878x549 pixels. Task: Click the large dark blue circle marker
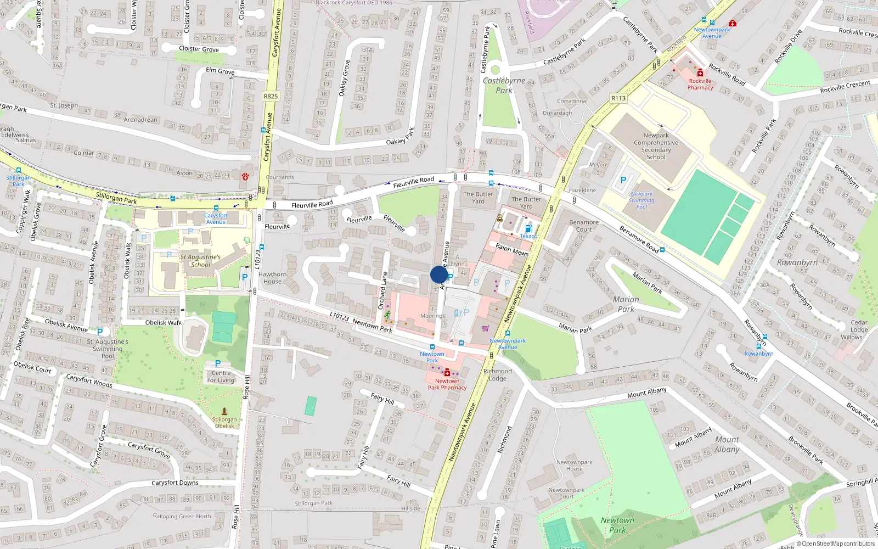(439, 274)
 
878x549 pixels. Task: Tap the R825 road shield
(271, 96)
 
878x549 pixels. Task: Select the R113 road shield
(618, 98)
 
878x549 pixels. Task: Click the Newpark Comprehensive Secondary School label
(656, 146)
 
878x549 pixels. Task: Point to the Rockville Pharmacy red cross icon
(700, 73)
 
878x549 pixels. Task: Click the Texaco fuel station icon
(528, 228)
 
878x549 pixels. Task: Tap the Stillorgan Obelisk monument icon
(224, 411)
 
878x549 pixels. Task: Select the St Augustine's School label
(200, 261)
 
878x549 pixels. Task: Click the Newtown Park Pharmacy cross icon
(447, 373)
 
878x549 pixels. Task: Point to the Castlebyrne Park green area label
(504, 86)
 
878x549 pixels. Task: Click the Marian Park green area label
(626, 304)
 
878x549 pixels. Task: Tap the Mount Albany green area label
(727, 444)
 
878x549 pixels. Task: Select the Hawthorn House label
(272, 278)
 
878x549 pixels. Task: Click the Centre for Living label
(221, 377)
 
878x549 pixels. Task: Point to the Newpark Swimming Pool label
(641, 200)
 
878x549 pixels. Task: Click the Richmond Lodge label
(497, 375)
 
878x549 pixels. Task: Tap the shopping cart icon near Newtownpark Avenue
(485, 328)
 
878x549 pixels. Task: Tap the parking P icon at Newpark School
(623, 180)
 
